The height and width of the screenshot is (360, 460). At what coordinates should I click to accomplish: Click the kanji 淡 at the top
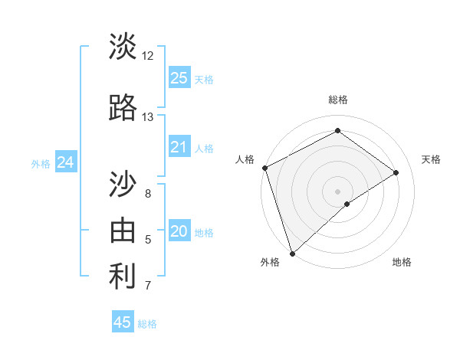pos(123,46)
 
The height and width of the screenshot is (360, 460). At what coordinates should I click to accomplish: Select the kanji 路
pos(123,108)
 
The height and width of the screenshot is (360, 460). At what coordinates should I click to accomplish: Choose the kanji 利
pos(123,277)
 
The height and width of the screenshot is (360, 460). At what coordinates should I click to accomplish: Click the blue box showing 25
pos(179,77)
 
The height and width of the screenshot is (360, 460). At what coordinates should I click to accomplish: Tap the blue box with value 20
pos(179,231)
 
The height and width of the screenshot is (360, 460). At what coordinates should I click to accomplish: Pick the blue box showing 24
pos(65,162)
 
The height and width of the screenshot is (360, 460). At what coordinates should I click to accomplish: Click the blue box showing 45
pos(123,322)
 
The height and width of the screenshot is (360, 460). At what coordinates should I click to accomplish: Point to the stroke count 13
pos(147,117)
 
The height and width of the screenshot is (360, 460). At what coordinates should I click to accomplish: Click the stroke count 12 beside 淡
pos(147,55)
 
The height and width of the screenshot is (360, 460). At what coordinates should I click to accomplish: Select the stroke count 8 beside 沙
pos(147,194)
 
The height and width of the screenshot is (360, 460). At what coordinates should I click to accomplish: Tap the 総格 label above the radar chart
pos(337,100)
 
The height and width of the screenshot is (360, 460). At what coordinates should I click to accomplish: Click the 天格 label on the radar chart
pos(431,159)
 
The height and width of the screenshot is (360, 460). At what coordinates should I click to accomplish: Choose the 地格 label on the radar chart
pos(402,262)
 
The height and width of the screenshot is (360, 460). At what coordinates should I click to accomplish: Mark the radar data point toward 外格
pos(291,252)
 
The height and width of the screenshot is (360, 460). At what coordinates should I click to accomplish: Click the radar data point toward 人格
pos(264,168)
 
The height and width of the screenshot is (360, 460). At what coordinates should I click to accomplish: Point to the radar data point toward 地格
pos(347,204)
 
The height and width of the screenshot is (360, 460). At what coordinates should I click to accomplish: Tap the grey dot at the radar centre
pos(337,190)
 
